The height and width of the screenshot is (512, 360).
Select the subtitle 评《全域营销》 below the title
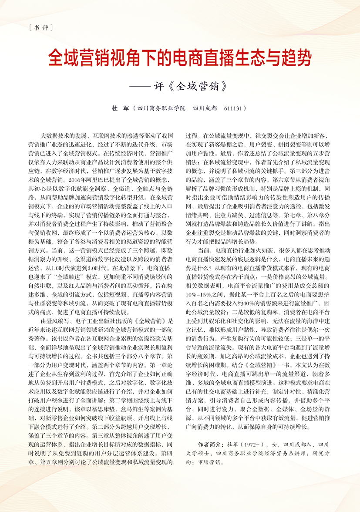coord(191,85)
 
